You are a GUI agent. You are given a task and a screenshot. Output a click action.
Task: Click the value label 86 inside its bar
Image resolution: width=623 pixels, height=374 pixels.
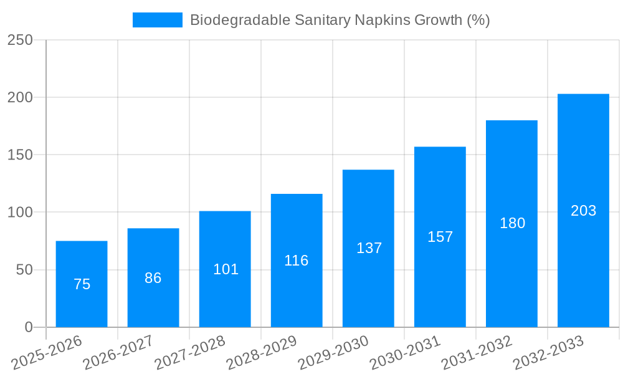(153, 278)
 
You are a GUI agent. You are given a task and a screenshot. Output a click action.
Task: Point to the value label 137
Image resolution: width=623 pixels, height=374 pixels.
(369, 248)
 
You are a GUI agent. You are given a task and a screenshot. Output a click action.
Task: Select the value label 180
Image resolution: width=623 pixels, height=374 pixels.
(512, 223)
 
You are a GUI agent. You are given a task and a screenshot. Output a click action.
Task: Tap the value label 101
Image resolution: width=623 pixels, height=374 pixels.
(226, 269)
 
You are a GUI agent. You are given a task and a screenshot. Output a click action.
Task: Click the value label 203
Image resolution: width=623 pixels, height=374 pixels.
(584, 211)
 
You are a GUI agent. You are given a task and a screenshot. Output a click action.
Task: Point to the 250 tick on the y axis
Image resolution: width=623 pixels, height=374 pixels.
(20, 40)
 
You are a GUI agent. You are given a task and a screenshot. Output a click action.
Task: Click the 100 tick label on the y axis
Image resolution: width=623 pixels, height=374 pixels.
(20, 213)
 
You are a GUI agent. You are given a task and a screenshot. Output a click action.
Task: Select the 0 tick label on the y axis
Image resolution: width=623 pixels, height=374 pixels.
(28, 327)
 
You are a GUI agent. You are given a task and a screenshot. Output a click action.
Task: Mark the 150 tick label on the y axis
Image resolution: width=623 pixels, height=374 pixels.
(20, 155)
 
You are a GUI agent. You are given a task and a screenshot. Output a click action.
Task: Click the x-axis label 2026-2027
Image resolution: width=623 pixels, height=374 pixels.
(118, 353)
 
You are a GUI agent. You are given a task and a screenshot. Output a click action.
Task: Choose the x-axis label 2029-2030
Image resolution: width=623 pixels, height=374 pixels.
(333, 353)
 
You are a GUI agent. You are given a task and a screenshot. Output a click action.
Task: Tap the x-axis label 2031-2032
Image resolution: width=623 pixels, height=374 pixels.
(477, 353)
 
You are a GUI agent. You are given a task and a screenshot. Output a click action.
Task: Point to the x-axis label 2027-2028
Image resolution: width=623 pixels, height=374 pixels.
(190, 353)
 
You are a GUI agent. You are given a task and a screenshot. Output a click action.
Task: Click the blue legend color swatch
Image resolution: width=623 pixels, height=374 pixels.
(157, 20)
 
